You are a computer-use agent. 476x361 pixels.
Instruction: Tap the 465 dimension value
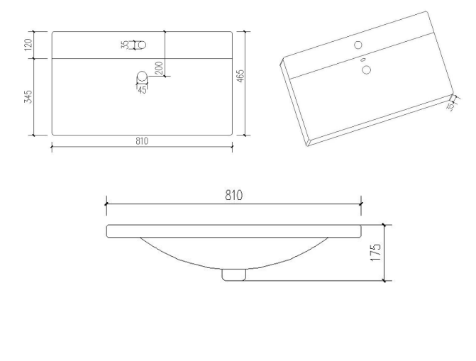click(241, 74)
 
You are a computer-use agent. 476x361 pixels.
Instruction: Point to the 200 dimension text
click(158, 68)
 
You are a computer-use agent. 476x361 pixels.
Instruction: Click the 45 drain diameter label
click(142, 89)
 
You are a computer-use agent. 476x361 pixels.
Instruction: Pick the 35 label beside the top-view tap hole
click(125, 45)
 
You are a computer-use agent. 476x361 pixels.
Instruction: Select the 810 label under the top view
click(142, 141)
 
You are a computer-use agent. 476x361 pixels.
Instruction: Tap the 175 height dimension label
click(377, 252)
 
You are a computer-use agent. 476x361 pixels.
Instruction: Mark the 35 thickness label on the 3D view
click(451, 106)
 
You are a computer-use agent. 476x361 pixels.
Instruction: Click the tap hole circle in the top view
click(141, 45)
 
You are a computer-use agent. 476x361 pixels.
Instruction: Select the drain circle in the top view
click(142, 76)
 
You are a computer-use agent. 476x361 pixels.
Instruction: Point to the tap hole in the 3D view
click(358, 45)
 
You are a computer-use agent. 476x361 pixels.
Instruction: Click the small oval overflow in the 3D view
click(362, 60)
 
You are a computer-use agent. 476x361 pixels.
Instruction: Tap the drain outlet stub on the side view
click(233, 274)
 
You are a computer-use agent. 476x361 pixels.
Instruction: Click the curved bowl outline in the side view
click(177, 259)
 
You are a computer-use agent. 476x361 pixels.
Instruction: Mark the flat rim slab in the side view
click(233, 231)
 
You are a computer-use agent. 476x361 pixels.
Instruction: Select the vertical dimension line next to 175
click(384, 252)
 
